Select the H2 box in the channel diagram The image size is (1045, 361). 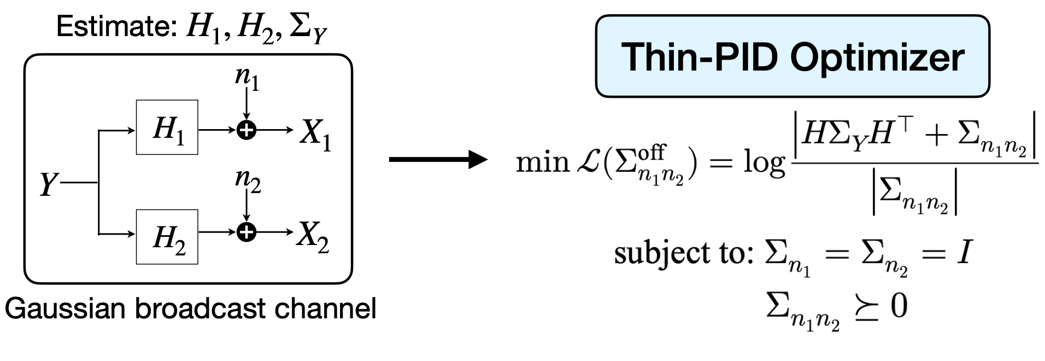167,236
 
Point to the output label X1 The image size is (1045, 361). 315,134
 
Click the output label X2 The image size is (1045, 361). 313,237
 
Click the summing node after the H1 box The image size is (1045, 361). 247,130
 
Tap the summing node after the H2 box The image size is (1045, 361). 247,232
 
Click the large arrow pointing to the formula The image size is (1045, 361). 437,160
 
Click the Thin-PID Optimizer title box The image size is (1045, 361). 792,56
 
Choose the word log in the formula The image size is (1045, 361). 763,164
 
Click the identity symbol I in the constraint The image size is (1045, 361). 962,253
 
